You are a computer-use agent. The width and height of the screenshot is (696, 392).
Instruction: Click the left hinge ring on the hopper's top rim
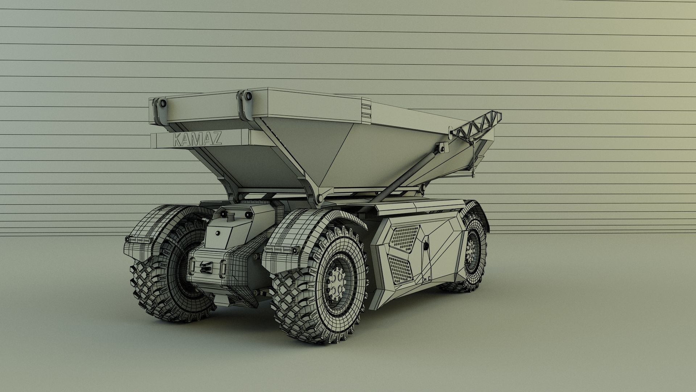click(162, 104)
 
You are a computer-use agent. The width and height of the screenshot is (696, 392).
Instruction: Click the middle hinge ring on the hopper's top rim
click(248, 97)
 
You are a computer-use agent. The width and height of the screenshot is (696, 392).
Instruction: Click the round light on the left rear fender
click(128, 240)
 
